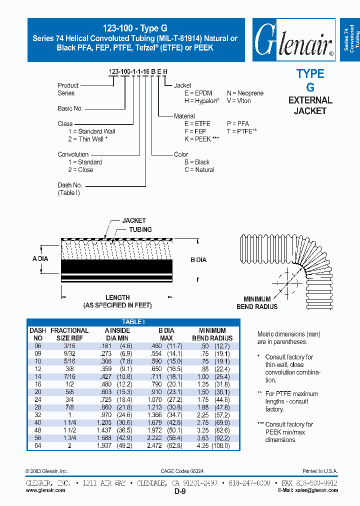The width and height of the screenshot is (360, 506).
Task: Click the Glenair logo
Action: (293, 40)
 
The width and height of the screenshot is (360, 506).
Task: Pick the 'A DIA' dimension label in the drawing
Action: (40, 259)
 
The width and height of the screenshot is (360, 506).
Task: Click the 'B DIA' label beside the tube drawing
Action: (198, 260)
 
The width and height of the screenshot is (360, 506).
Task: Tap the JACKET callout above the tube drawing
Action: (134, 220)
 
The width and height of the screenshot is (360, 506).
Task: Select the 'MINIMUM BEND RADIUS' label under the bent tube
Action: (257, 303)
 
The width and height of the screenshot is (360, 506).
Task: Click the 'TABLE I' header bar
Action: (133, 322)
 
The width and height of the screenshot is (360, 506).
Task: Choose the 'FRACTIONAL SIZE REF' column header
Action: (69, 334)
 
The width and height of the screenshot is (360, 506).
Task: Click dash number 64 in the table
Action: (37, 445)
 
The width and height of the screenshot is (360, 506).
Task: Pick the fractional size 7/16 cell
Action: (69, 376)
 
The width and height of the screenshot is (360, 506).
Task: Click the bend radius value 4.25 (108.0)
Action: (211, 445)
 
